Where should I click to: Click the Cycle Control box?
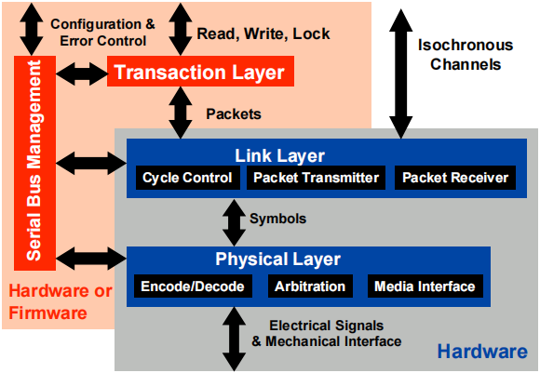(x=187, y=178)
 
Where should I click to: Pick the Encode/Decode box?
(x=193, y=286)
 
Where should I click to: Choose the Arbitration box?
(x=310, y=286)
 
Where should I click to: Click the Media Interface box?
(x=425, y=286)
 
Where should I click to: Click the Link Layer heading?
(x=279, y=155)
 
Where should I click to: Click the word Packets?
(x=233, y=114)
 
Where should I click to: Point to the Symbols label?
(x=277, y=219)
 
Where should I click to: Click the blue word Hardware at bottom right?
(x=483, y=353)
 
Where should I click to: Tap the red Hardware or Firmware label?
(x=60, y=302)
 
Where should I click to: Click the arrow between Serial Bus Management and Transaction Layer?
(x=82, y=72)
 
